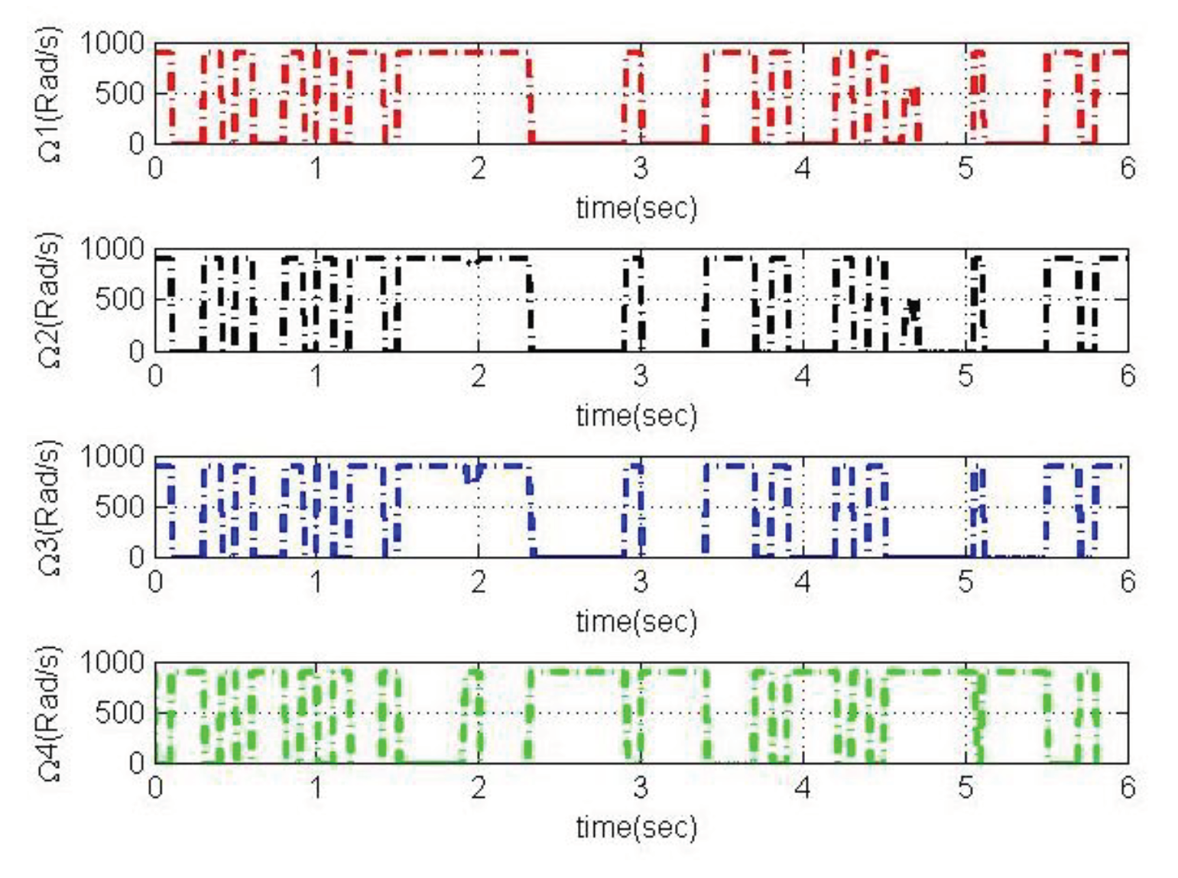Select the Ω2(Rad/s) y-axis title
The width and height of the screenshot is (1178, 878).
[x=50, y=300]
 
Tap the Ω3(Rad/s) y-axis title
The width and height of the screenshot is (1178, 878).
[x=50, y=507]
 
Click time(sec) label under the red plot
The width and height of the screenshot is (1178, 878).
[x=636, y=208]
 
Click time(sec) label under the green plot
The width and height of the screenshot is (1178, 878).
[x=636, y=827]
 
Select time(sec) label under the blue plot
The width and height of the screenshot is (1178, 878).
[x=636, y=621]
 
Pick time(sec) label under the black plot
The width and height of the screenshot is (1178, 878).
[x=636, y=416]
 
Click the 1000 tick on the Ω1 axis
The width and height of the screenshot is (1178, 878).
[x=112, y=44]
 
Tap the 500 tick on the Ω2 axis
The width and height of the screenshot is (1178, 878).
[x=120, y=300]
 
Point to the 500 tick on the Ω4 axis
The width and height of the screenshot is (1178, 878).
[x=120, y=713]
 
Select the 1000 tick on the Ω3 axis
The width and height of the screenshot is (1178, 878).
[x=112, y=457]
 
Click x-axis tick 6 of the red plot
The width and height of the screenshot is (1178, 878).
[x=1128, y=168]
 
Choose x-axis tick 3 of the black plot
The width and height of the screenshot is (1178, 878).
[x=641, y=375]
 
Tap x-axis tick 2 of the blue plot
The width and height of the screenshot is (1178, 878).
[x=479, y=582]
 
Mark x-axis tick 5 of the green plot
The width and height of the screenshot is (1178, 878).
[x=965, y=787]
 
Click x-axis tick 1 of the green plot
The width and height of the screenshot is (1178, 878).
[x=316, y=787]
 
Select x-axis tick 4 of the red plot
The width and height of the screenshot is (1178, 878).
[x=803, y=168]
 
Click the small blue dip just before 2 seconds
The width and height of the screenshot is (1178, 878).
[x=472, y=475]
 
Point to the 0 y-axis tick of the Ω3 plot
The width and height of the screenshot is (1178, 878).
[x=136, y=556]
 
